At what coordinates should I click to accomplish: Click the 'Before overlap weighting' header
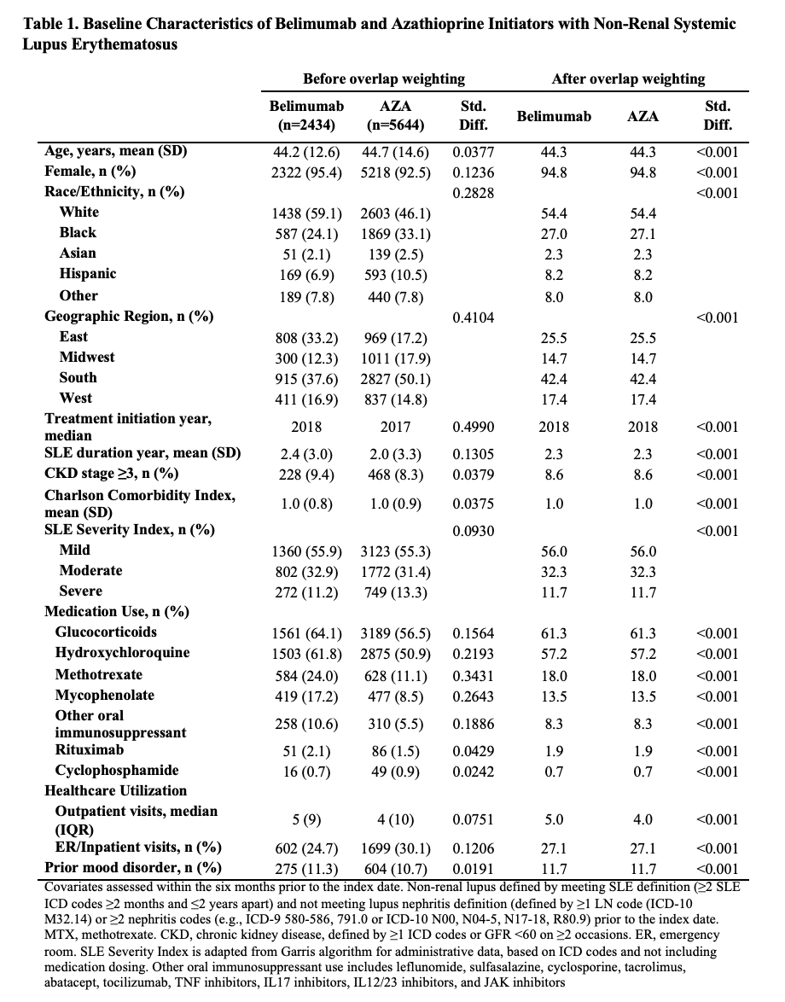coord(383,79)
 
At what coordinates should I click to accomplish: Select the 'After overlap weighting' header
coord(628,79)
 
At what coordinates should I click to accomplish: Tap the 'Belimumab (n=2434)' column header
coord(306,115)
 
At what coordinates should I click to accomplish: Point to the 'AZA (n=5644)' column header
coord(394,115)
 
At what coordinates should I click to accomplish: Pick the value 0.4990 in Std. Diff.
coord(473,427)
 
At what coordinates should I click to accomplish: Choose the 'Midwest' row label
coord(87,358)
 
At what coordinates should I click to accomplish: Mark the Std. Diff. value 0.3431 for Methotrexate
coord(473,676)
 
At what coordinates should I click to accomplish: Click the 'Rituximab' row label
coord(90,750)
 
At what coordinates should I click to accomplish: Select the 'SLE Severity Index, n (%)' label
coord(130,530)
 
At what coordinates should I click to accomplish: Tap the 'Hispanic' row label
coord(88,274)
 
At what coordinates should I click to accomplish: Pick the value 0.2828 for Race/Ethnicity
coord(473,193)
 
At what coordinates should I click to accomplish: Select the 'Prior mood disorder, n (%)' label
coord(132,868)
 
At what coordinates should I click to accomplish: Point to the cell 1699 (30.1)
coord(395,848)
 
